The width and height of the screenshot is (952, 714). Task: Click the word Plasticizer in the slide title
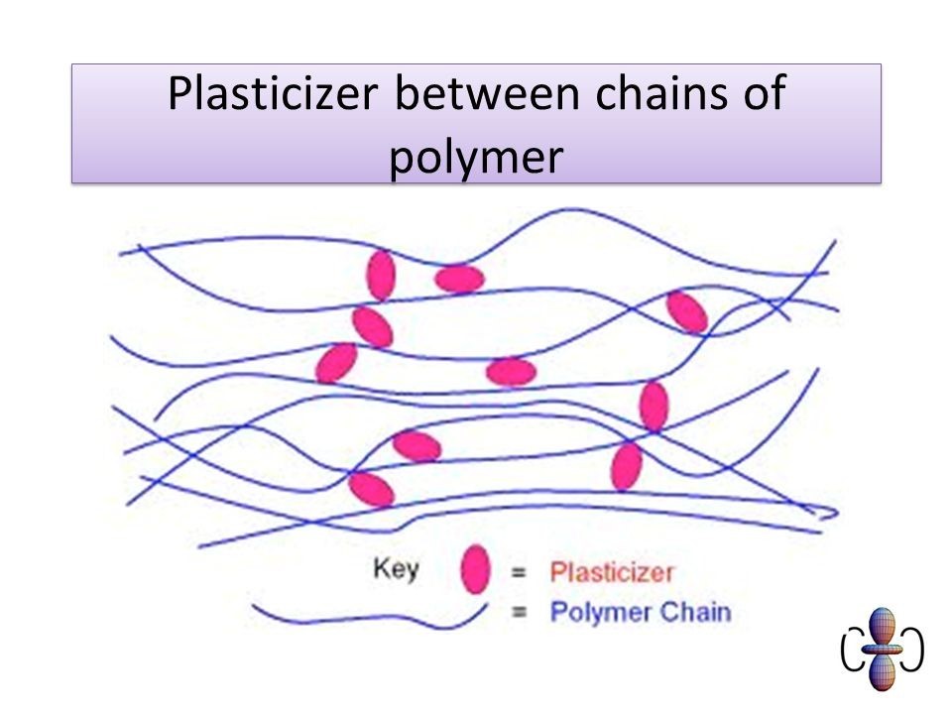pos(274,94)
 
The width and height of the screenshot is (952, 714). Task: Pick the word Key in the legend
pos(396,569)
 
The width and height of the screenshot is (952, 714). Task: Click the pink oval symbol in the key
pos(476,568)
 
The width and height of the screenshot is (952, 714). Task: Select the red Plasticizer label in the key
pos(612,572)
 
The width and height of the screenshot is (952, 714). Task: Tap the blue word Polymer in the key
pos(593,612)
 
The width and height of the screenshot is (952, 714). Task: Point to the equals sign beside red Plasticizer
pos(518,572)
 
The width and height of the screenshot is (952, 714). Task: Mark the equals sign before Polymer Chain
pos(518,612)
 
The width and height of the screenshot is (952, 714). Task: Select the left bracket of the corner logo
pos(849,650)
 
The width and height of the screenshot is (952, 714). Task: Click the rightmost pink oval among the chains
pos(687,311)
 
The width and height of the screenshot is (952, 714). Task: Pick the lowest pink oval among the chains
pos(371,488)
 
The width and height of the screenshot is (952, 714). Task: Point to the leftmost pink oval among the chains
pos(336,362)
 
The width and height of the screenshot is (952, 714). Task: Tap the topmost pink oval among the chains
pos(381,275)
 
